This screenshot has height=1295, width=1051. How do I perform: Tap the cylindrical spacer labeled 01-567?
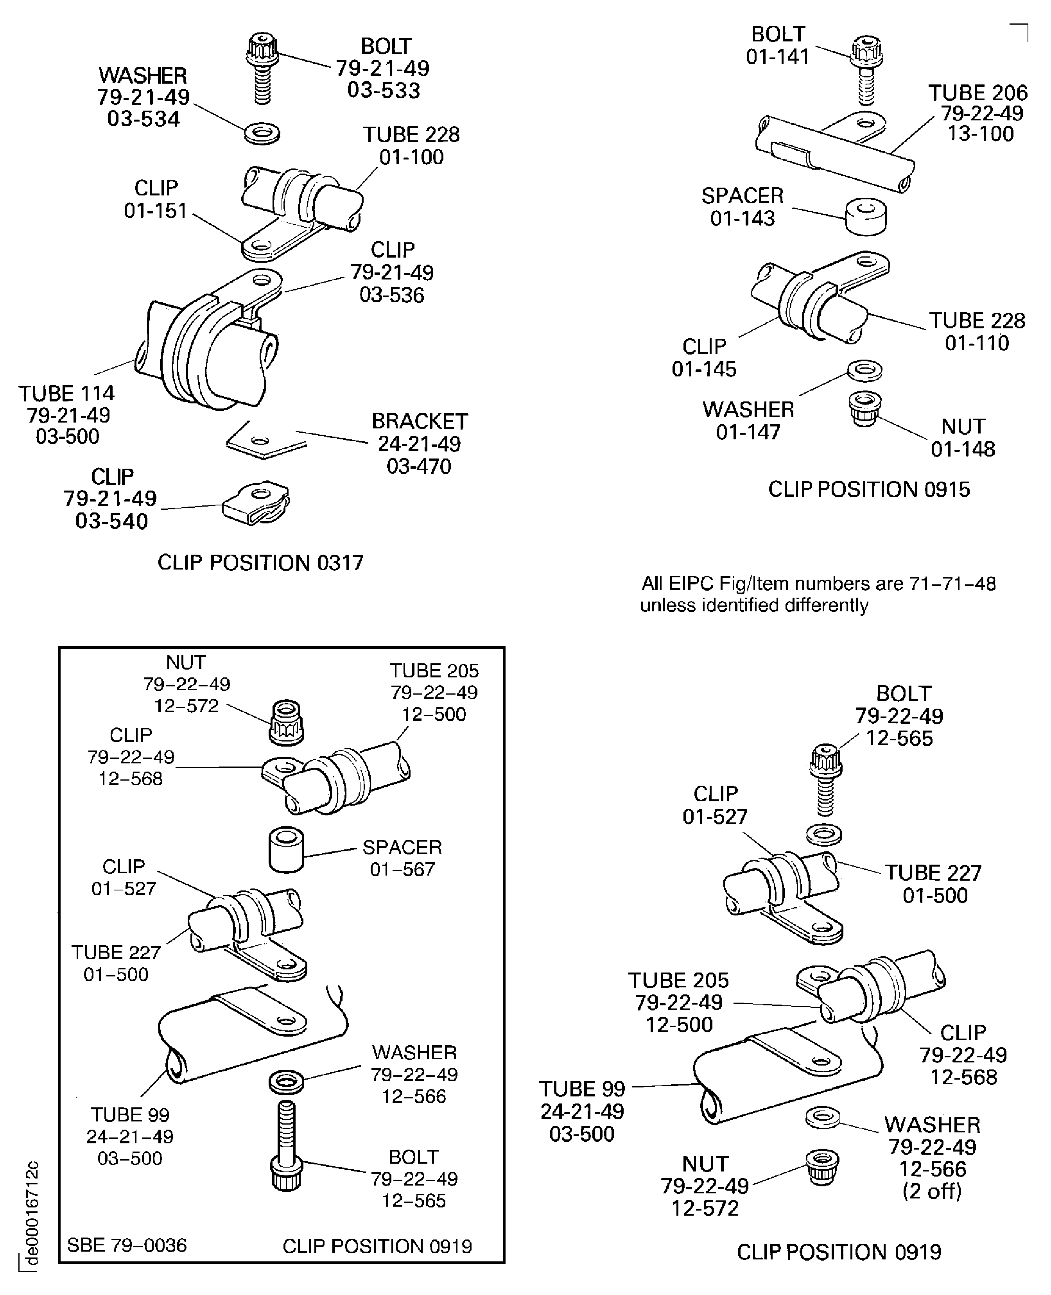[286, 850]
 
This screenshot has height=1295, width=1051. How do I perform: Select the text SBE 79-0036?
[127, 1245]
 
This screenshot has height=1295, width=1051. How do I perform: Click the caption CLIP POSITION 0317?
[260, 563]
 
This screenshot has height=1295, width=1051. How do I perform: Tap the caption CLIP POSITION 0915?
[869, 489]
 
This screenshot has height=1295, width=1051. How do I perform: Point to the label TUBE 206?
[978, 93]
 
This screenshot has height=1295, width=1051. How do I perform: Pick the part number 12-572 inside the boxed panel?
[186, 706]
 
